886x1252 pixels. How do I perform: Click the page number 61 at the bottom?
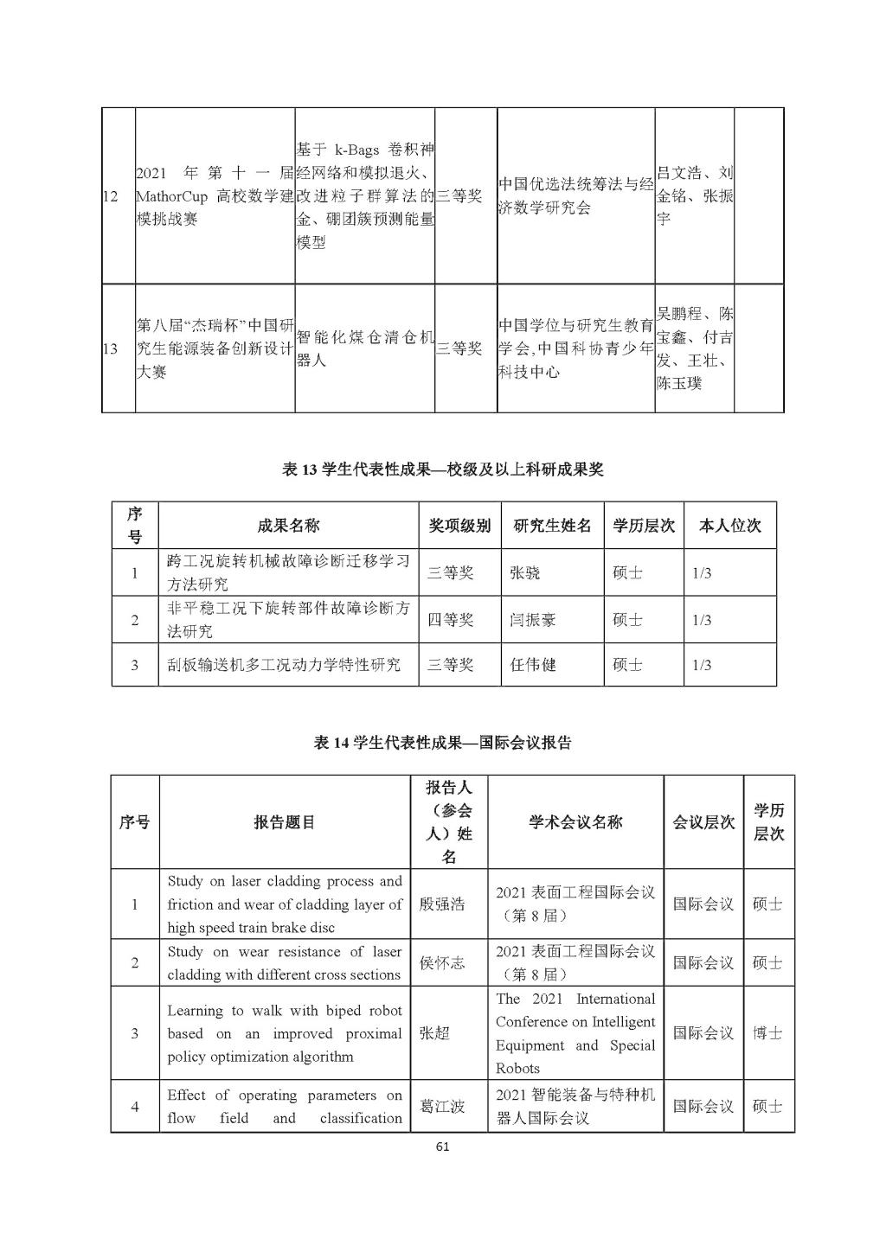(443, 1147)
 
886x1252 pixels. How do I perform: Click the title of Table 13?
(442, 469)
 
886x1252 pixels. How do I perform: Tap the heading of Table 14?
(442, 743)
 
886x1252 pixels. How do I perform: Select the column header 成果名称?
(288, 525)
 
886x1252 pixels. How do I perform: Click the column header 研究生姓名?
(552, 525)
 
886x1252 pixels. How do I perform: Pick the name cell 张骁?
(525, 572)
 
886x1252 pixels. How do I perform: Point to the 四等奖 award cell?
(451, 620)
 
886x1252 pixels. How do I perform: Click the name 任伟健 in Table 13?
(533, 665)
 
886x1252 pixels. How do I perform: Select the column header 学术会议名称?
(575, 822)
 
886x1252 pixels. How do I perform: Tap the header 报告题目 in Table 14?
(285, 822)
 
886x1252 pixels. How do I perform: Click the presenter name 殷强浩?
(441, 904)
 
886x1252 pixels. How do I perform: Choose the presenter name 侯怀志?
(441, 963)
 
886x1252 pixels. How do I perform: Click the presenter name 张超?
(434, 1033)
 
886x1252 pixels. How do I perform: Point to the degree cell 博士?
(767, 1033)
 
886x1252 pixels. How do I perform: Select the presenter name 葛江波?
(441, 1107)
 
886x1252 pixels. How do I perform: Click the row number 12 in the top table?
(110, 196)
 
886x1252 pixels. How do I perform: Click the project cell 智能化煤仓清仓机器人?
(364, 348)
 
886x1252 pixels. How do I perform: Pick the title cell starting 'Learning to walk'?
(285, 1033)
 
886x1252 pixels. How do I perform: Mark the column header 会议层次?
(703, 822)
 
